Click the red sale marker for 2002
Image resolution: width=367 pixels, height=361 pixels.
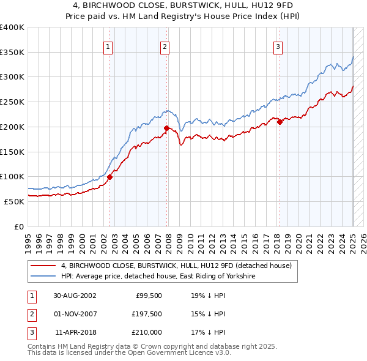(110, 177)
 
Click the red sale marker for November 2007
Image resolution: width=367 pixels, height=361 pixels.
(166, 128)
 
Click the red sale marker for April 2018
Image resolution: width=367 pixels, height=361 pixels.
(280, 122)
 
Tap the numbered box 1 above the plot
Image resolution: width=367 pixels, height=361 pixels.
(108, 46)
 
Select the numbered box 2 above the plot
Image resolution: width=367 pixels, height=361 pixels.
(165, 46)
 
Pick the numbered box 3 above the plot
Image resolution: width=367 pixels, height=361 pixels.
(278, 46)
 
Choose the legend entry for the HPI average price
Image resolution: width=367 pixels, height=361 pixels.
(157, 277)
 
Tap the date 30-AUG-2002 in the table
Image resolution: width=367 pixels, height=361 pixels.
(75, 296)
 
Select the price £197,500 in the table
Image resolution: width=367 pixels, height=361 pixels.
(146, 314)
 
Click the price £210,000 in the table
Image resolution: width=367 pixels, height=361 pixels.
(146, 332)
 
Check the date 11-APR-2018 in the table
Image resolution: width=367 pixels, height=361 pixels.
(75, 332)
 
